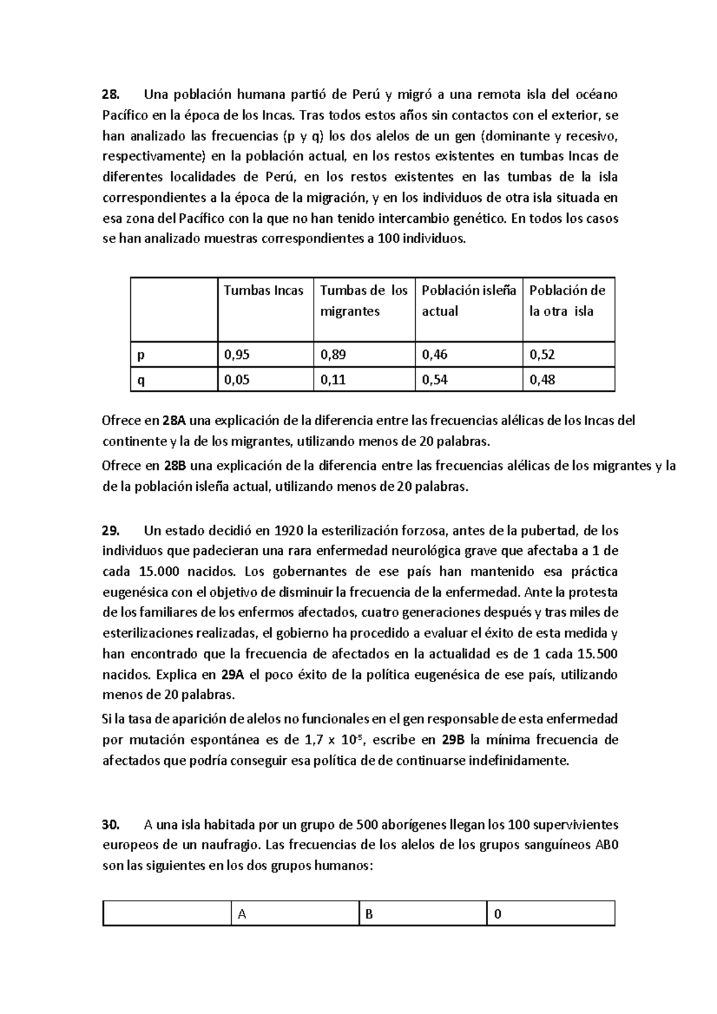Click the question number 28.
click(111, 95)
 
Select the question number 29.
click(111, 530)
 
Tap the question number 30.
click(111, 825)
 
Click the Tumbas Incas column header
click(263, 291)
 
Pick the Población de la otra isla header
click(567, 300)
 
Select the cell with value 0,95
click(237, 355)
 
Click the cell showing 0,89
click(333, 355)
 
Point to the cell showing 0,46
click(435, 355)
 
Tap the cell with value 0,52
click(543, 355)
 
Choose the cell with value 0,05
click(237, 380)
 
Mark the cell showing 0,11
click(333, 380)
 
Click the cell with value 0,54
click(435, 380)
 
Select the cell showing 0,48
click(543, 380)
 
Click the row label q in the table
click(141, 380)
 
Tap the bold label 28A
click(174, 421)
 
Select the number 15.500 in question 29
click(597, 654)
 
